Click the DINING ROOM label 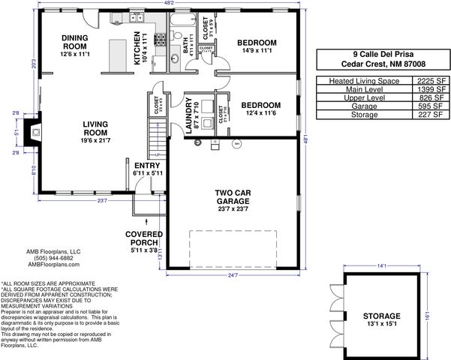[x=75, y=41]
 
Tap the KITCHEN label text [x=137, y=48]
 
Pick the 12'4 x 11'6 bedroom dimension [x=260, y=114]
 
